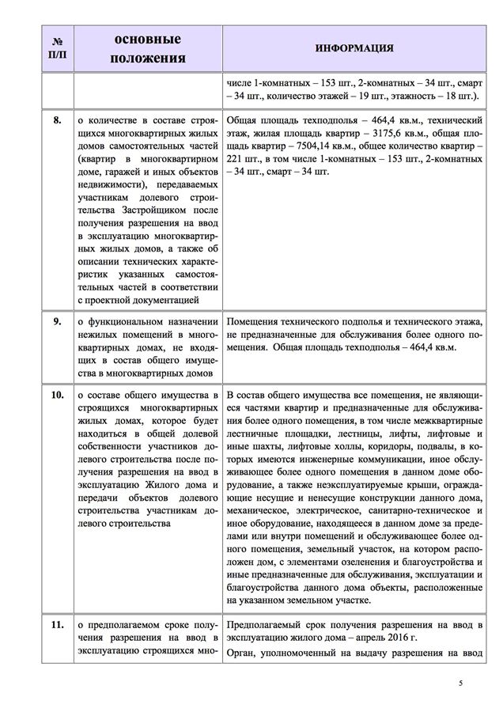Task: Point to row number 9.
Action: [x=57, y=322]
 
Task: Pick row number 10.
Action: [x=57, y=393]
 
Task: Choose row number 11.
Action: [x=57, y=625]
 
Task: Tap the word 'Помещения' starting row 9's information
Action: [x=255, y=322]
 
